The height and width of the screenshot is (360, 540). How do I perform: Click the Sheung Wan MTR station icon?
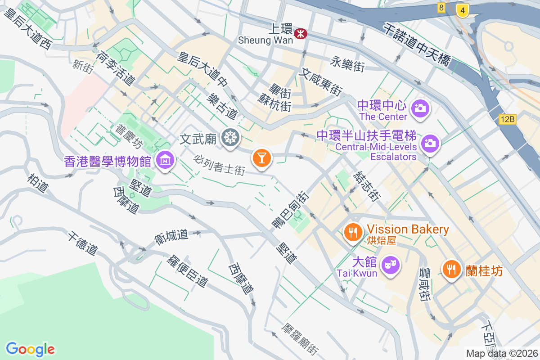click(x=300, y=33)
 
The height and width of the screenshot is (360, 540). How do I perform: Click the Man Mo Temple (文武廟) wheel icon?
click(x=230, y=137)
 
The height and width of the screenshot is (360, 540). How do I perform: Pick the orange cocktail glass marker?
click(x=261, y=158)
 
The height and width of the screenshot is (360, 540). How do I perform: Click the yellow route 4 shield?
click(x=462, y=10)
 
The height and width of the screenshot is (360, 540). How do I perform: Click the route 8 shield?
click(x=441, y=7)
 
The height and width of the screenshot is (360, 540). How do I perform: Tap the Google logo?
click(x=30, y=349)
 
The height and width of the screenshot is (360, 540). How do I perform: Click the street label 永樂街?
click(x=347, y=64)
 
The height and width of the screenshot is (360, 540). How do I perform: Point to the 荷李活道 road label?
click(x=116, y=68)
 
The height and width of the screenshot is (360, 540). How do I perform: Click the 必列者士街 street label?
click(x=220, y=165)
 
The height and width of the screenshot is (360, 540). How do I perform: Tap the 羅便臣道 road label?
click(x=187, y=271)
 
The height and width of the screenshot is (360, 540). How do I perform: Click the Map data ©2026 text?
click(x=502, y=353)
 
